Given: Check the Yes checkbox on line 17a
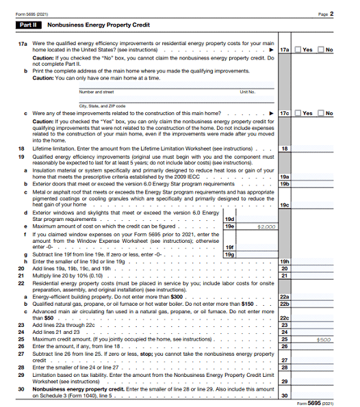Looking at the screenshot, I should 298,50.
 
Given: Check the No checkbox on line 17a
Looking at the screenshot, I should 321,50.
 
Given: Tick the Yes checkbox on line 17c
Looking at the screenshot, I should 298,113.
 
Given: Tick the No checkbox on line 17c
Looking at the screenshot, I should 321,113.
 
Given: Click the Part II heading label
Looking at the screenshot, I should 29,25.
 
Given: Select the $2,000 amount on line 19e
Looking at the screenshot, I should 266,226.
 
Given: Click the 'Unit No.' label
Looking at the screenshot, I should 247,91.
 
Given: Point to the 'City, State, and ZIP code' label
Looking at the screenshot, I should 102,105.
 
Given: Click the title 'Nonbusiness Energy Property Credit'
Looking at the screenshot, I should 88,25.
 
